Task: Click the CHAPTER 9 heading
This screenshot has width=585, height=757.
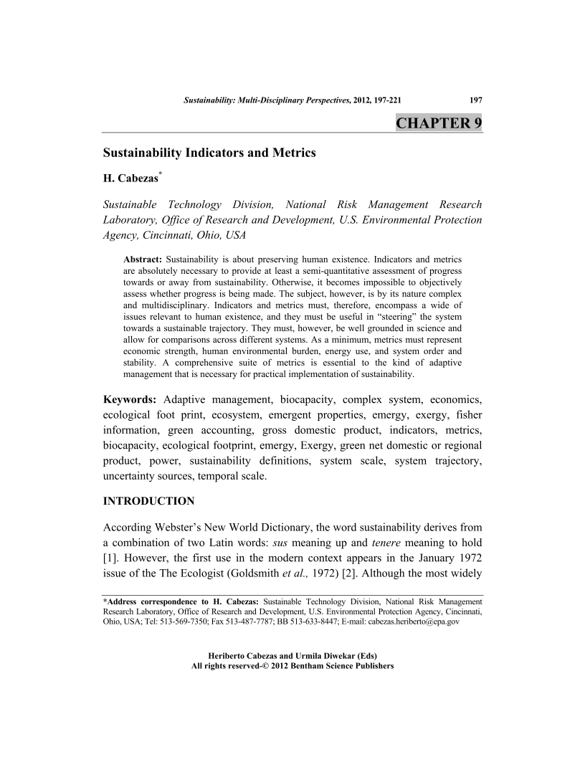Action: pos(439,123)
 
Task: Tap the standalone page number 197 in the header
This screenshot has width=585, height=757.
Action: pos(475,102)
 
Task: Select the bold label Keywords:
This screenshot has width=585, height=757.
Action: pos(130,399)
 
